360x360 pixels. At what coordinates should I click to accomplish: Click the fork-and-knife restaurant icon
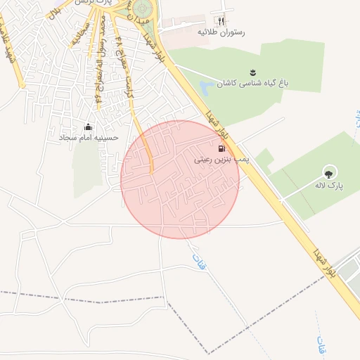222,22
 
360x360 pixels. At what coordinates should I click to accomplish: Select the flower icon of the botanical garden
253,72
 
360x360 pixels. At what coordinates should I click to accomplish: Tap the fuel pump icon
222,149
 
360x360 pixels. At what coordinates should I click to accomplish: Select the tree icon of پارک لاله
328,172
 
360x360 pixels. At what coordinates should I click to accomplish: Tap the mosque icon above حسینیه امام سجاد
88,127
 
